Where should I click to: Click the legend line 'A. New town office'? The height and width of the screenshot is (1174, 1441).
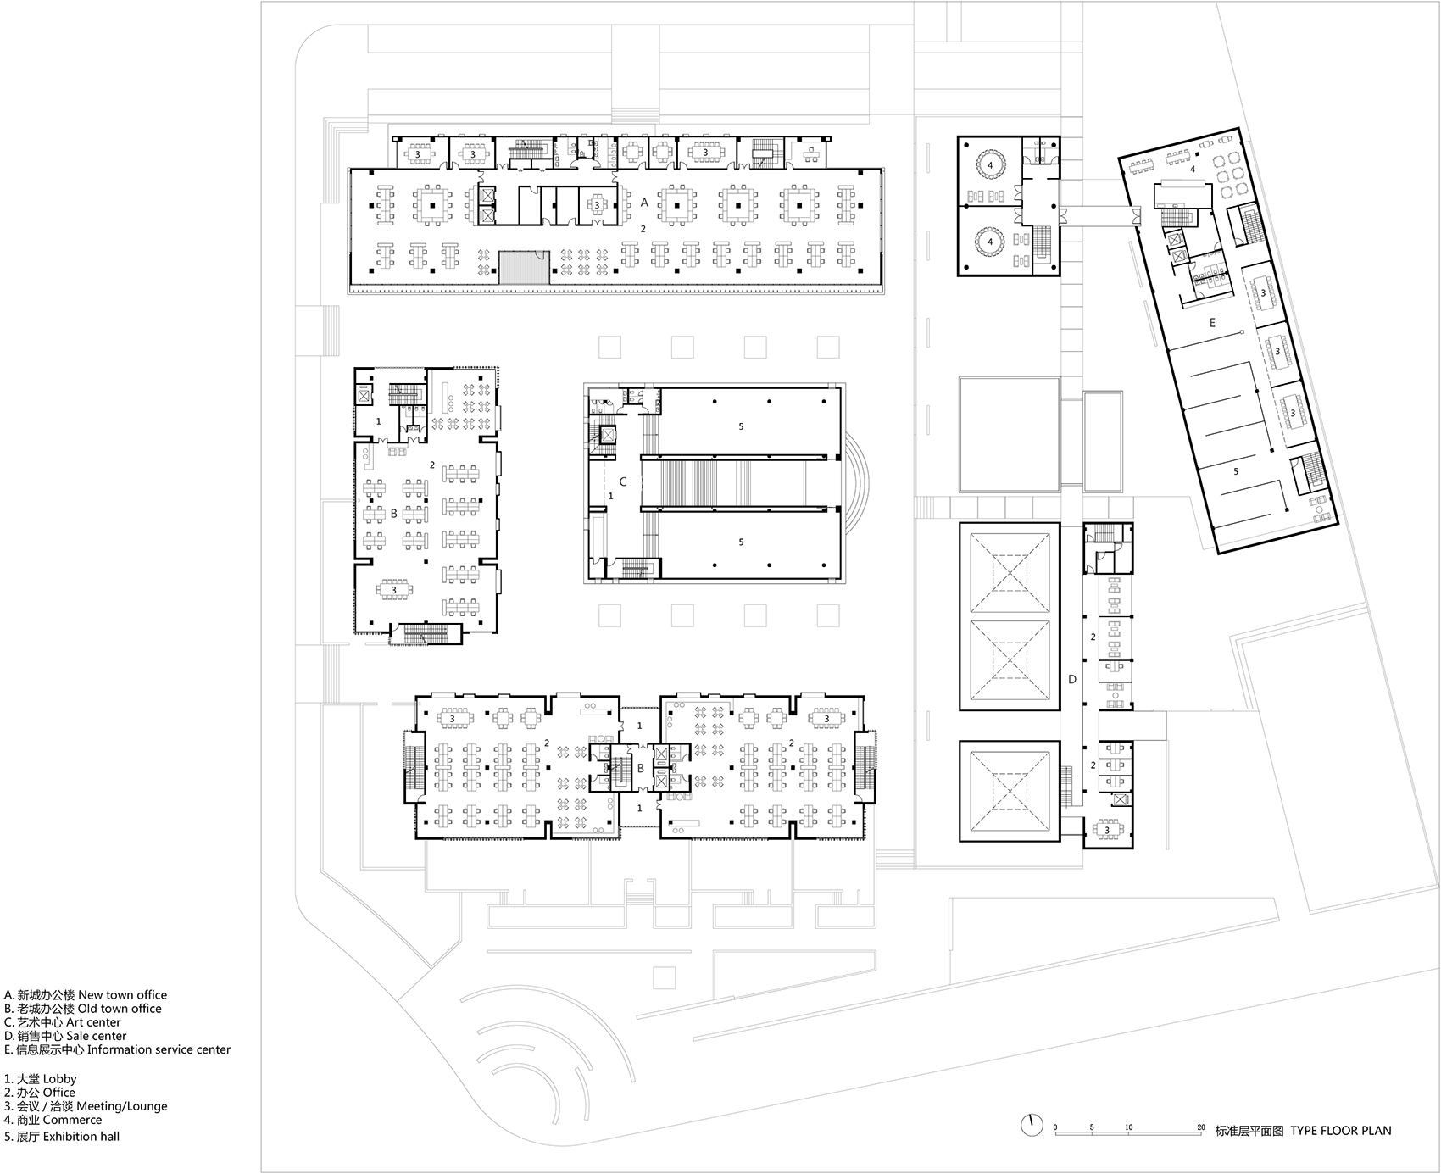(86, 995)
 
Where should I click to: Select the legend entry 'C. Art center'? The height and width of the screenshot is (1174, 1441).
(63, 1022)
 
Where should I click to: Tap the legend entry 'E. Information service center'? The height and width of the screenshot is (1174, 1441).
(117, 1049)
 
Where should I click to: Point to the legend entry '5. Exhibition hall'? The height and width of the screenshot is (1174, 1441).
(62, 1137)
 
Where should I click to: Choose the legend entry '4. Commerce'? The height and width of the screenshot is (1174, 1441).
(53, 1120)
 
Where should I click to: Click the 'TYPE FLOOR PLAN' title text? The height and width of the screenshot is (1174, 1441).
(1341, 1130)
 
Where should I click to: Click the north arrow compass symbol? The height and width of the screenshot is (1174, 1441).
(1032, 1125)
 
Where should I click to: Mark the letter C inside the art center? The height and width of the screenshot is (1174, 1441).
(623, 481)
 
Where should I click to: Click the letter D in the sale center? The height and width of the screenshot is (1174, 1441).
(1072, 679)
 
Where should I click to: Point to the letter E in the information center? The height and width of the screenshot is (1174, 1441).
(1212, 323)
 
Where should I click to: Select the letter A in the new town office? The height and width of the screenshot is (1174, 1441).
(644, 202)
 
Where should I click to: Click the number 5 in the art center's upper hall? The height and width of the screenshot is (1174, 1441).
(741, 426)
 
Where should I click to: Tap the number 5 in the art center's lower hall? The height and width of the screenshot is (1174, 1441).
(741, 542)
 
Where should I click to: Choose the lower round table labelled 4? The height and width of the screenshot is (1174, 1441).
(989, 242)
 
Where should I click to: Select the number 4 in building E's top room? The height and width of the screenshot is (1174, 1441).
(1193, 170)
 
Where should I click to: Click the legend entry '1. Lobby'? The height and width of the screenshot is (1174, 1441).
(40, 1079)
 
